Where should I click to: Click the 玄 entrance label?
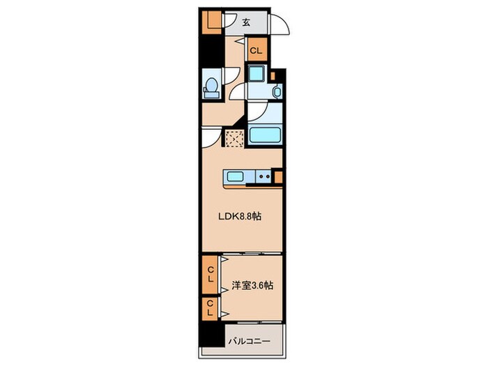pyautogui.click(x=246, y=22)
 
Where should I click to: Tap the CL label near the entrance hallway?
pyautogui.click(x=256, y=50)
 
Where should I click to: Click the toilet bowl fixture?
pyautogui.click(x=212, y=86)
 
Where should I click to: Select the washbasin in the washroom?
pyautogui.click(x=277, y=92)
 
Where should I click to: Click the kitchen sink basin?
pyautogui.click(x=236, y=177)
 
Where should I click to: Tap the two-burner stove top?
pyautogui.click(x=264, y=177)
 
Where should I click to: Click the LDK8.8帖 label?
pyautogui.click(x=239, y=216)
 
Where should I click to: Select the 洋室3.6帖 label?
pyautogui.click(x=252, y=285)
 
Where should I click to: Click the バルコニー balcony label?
pyautogui.click(x=250, y=342)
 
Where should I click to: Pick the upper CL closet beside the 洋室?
pyautogui.click(x=211, y=275)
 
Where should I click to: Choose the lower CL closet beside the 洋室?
pyautogui.click(x=211, y=308)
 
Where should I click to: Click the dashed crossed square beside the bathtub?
pyautogui.click(x=235, y=139)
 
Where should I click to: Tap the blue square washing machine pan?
pyautogui.click(x=257, y=74)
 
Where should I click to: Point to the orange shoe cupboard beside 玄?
pyautogui.click(x=212, y=22)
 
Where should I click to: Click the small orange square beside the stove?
pyautogui.click(x=279, y=177)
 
